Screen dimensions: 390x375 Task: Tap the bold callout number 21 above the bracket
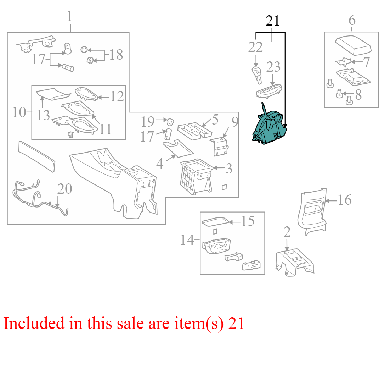[x=273, y=21]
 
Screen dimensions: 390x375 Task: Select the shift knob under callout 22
[x=257, y=75]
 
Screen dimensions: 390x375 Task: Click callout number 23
[x=273, y=67]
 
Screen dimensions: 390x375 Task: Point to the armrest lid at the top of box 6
[x=353, y=46]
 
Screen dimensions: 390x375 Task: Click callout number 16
[x=345, y=200]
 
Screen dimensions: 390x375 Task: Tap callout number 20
[x=65, y=189]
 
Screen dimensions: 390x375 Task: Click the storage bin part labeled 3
[x=196, y=176]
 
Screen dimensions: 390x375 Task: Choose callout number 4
[x=160, y=164]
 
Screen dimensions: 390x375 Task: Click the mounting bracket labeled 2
[x=295, y=263]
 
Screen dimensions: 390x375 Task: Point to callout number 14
[x=187, y=240]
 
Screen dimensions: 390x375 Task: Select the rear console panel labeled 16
[x=312, y=211]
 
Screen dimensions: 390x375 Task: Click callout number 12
[x=117, y=96]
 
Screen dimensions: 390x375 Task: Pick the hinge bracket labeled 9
[x=219, y=147]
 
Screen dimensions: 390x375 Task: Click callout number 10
[x=19, y=112]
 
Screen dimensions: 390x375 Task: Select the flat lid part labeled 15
[x=215, y=222]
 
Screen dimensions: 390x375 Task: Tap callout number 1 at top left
[x=70, y=16]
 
